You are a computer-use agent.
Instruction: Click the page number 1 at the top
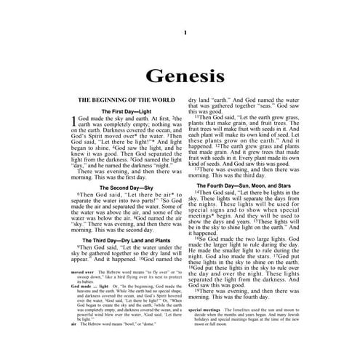click(185, 33)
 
